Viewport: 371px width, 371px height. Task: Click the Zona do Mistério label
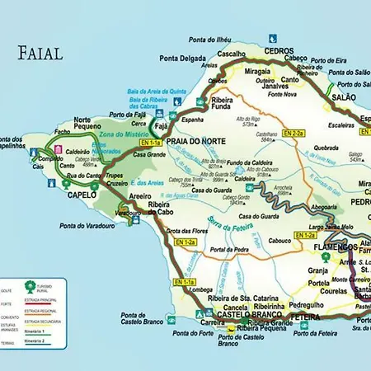pos(123,134)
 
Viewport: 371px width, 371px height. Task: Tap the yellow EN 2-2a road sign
pos(294,133)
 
